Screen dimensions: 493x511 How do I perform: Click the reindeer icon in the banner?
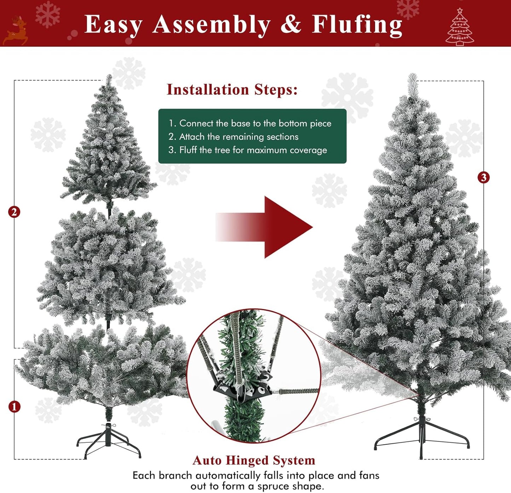(16, 31)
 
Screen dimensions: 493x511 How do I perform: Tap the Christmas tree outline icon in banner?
(459, 28)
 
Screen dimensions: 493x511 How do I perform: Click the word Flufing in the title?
(357, 25)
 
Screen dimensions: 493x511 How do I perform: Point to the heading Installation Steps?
(232, 89)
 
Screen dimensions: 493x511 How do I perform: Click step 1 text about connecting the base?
(250, 123)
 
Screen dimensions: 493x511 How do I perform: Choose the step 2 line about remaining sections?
(233, 137)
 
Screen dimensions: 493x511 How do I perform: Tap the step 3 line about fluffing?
(248, 150)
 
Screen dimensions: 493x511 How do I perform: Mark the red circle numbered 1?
(14, 407)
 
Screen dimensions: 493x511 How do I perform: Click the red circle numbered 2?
(14, 212)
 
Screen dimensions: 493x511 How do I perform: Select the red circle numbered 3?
(483, 177)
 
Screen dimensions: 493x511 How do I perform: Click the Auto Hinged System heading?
(254, 460)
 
